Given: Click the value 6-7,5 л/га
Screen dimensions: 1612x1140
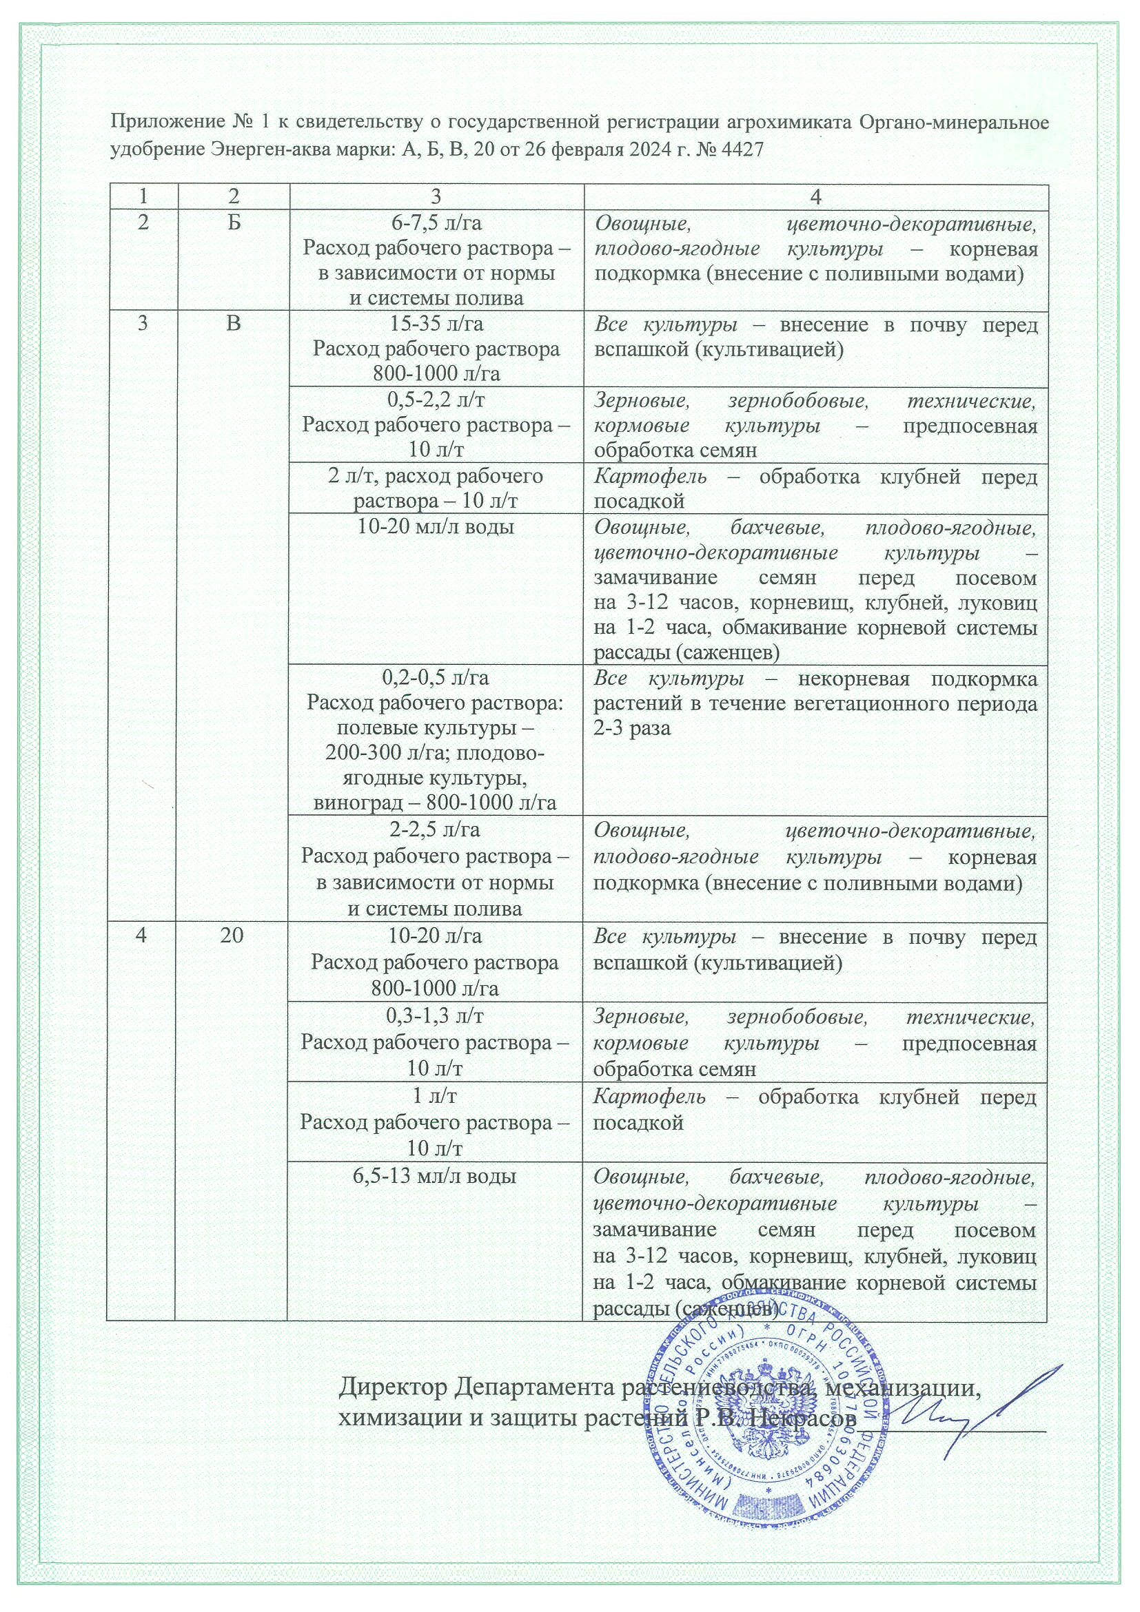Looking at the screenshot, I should [x=436, y=223].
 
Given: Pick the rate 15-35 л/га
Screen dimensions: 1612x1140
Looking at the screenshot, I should [x=436, y=324].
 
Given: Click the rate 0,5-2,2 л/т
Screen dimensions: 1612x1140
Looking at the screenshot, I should [x=436, y=400].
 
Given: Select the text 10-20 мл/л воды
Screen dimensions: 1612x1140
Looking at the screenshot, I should [x=436, y=526].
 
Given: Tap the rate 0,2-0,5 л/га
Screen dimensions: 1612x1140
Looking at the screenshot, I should [x=436, y=679].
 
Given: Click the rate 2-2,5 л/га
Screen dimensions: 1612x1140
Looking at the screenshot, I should [x=436, y=830].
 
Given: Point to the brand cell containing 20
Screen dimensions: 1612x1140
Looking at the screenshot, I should [x=232, y=937].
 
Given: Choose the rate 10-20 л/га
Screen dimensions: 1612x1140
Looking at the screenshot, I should [x=436, y=937].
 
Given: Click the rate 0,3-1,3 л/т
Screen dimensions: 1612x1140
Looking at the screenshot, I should [x=436, y=1015].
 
